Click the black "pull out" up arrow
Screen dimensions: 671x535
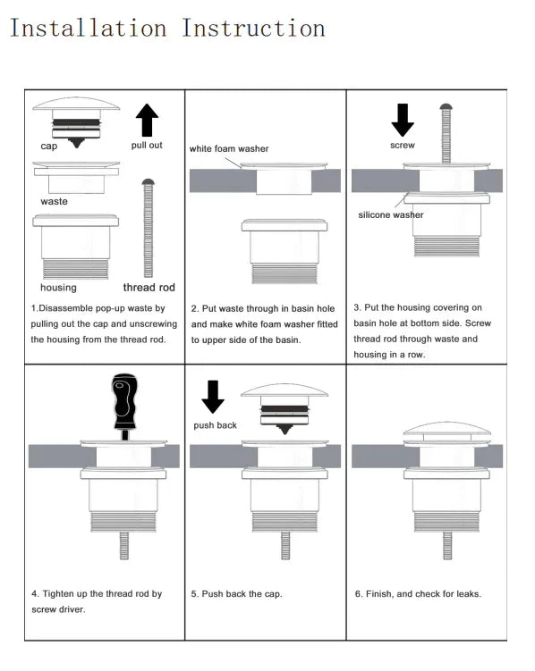(147, 119)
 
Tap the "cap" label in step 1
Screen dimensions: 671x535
(49, 146)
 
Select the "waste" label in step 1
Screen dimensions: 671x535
(54, 201)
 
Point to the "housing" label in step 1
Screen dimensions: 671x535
(58, 288)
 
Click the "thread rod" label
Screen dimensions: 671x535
(149, 288)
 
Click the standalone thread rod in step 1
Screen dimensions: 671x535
(149, 228)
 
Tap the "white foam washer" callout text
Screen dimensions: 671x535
(228, 148)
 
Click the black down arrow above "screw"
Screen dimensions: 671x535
(403, 119)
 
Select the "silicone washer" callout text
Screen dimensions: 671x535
(391, 215)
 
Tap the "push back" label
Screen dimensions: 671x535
(215, 425)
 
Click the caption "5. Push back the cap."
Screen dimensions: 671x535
(236, 594)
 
